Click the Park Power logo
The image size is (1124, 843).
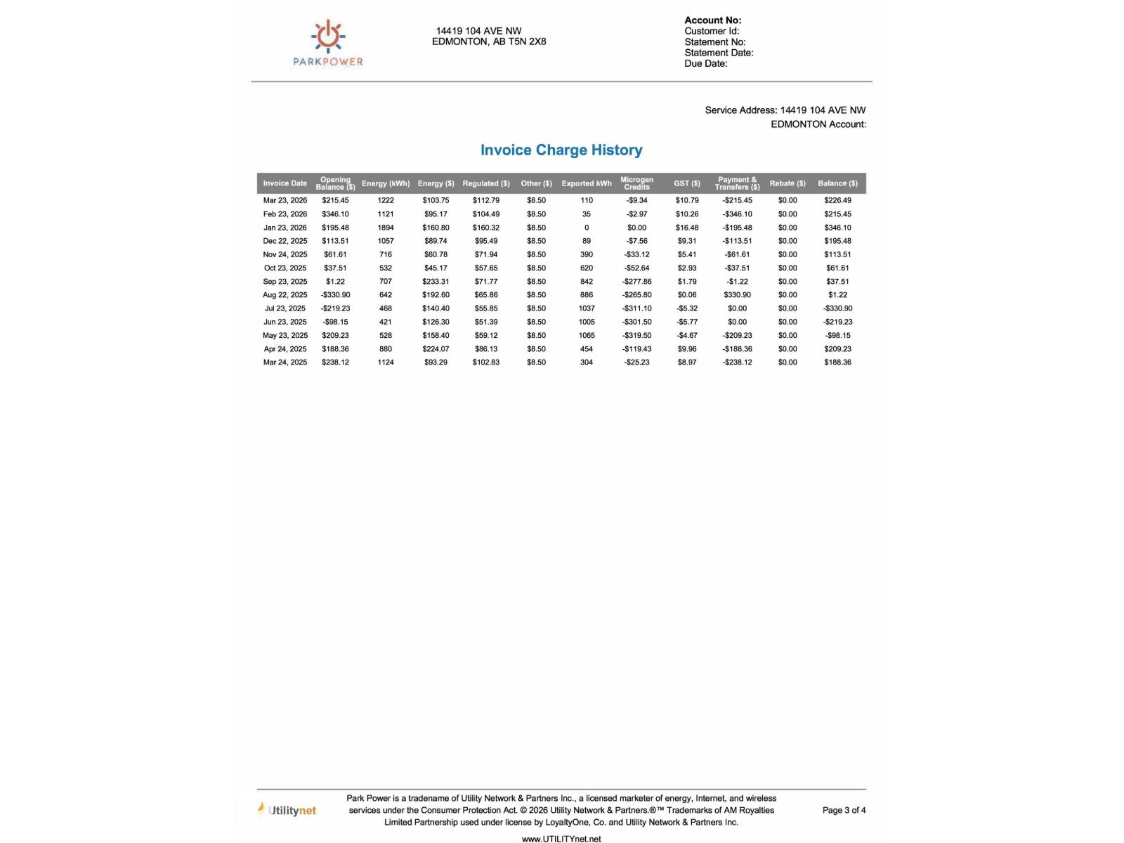(328, 43)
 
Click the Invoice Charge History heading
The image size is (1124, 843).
(561, 150)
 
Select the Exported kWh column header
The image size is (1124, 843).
(587, 183)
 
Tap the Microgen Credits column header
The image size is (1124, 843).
(636, 183)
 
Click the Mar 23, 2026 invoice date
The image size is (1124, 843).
(285, 201)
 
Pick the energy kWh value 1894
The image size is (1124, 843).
(386, 228)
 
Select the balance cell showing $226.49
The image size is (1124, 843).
(837, 201)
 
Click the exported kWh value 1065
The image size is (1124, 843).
(587, 336)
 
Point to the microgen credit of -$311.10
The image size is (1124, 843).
(636, 308)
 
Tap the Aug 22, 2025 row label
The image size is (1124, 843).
(285, 295)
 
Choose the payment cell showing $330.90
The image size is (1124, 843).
(737, 295)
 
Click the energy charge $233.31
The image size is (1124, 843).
(436, 282)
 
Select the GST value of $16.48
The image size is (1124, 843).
(687, 228)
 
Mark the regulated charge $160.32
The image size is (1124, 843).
(486, 228)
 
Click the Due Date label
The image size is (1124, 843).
(706, 64)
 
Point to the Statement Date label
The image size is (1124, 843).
(719, 53)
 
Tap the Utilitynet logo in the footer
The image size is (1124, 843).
(287, 811)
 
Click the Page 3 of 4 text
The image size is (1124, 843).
(844, 811)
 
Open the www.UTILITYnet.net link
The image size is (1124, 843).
(561, 839)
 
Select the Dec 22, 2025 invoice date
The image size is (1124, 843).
(285, 241)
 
